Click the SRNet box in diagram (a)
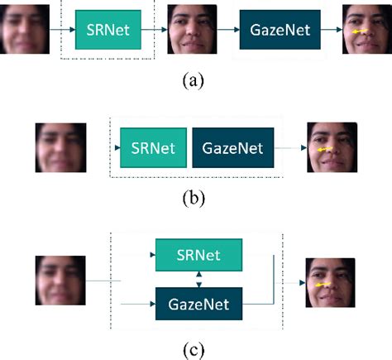pos(108,31)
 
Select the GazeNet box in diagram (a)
pos(280,31)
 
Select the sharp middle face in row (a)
pos(193,30)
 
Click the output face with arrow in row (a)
pos(366,30)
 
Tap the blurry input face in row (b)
pos(61,148)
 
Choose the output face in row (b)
pos(331,148)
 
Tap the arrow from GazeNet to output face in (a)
pos(331,31)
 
